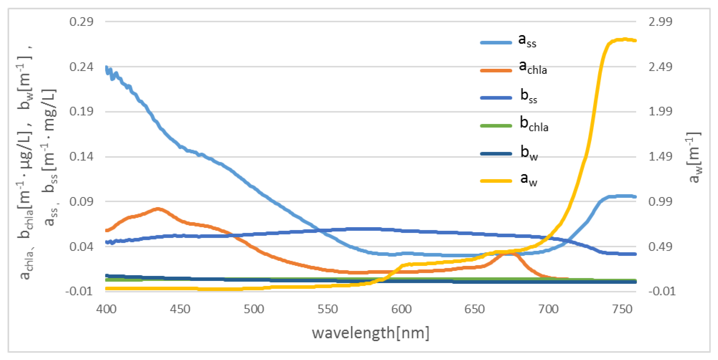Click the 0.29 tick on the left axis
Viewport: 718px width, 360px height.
click(x=81, y=22)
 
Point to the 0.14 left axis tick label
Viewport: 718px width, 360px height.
click(x=81, y=157)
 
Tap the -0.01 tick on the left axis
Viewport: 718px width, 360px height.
click(x=79, y=291)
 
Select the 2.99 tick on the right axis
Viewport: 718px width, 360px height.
click(x=660, y=22)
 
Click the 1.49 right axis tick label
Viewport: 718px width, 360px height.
click(x=660, y=157)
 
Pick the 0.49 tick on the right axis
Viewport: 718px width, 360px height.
click(x=660, y=247)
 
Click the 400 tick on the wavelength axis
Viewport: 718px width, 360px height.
click(x=106, y=309)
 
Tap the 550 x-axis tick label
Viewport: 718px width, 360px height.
click(x=327, y=309)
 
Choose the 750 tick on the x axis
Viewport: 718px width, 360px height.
click(x=622, y=309)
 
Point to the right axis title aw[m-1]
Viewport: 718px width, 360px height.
click(x=694, y=157)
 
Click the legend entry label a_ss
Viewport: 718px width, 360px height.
click(x=527, y=41)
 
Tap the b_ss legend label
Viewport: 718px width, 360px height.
click(x=528, y=96)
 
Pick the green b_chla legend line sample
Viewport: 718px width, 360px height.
click(x=496, y=126)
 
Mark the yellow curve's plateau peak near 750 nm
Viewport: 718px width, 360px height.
click(x=624, y=39)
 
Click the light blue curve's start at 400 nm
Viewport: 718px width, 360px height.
click(x=106, y=67)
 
